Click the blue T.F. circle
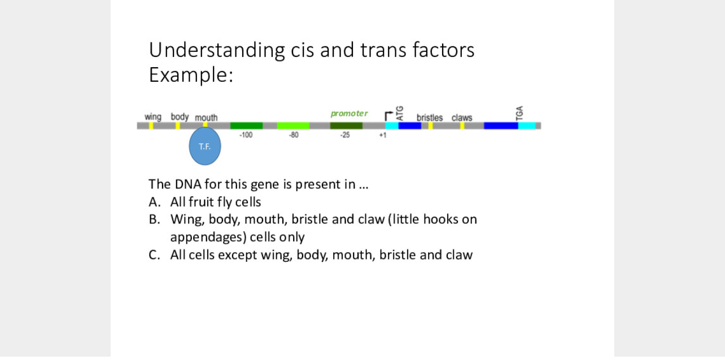click(x=204, y=146)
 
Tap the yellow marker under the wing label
click(x=151, y=125)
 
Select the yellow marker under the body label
click(x=178, y=125)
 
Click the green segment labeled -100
click(x=246, y=125)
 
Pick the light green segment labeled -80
click(x=293, y=125)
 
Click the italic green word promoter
click(x=349, y=113)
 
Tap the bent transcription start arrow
click(x=388, y=115)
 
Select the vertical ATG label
click(x=400, y=113)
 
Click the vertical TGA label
click(x=520, y=113)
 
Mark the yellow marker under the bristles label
click(x=431, y=125)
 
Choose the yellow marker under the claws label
click(x=462, y=125)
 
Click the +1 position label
click(x=382, y=135)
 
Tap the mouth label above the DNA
click(x=206, y=117)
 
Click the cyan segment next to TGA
click(x=526, y=125)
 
